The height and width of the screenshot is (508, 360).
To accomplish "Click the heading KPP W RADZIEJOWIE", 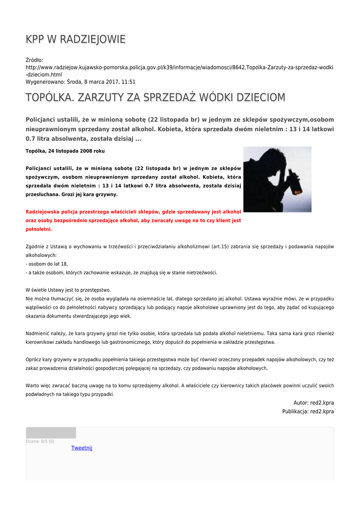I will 75,39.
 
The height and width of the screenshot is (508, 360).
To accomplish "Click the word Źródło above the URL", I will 34,60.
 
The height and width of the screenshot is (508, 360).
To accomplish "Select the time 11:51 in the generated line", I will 128,82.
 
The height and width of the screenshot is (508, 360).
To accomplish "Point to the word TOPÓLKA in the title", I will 50,98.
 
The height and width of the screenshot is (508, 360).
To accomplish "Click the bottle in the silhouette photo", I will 297,181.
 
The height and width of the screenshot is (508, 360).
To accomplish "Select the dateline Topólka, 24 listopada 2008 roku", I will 65,151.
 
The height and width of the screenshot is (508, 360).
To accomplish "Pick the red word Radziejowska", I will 45,211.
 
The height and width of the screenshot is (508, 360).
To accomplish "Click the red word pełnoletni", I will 38,230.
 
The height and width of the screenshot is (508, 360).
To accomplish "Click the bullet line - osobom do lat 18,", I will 47,264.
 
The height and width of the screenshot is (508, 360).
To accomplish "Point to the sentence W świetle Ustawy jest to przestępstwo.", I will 68,290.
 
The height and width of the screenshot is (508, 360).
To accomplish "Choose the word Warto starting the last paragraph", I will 33,385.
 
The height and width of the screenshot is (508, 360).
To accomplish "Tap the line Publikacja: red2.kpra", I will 308,411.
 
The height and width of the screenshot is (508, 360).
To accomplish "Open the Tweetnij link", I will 81,448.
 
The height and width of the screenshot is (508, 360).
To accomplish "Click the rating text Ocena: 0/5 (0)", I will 40,441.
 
